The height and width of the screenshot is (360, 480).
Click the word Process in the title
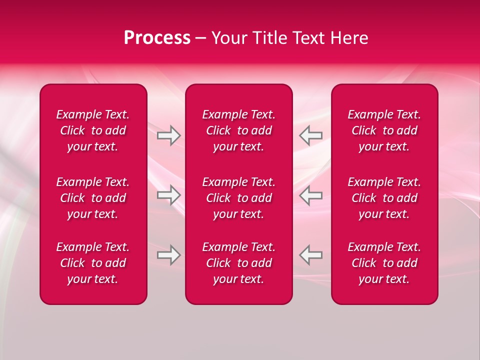pyautogui.click(x=157, y=38)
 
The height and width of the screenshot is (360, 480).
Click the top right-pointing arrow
pyautogui.click(x=169, y=135)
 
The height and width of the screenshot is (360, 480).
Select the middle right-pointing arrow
pyautogui.click(x=169, y=195)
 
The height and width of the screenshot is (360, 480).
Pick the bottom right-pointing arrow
pyautogui.click(x=169, y=255)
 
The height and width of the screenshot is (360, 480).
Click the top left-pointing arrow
pyautogui.click(x=310, y=135)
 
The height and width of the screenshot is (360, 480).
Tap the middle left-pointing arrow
pyautogui.click(x=310, y=195)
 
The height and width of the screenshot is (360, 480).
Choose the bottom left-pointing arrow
pyautogui.click(x=310, y=255)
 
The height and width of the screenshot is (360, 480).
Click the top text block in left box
pyautogui.click(x=93, y=130)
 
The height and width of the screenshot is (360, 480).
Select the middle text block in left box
pyautogui.click(x=93, y=198)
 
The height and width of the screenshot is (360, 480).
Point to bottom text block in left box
pyautogui.click(x=93, y=263)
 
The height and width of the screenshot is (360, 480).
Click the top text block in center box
pyautogui.click(x=238, y=130)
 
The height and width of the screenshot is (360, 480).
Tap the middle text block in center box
pyautogui.click(x=238, y=198)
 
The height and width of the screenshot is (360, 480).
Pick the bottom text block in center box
pyautogui.click(x=238, y=263)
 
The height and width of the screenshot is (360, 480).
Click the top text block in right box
pyautogui.click(x=384, y=130)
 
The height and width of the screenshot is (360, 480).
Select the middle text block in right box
pyautogui.click(x=384, y=198)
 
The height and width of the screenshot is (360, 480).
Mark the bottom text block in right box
pyautogui.click(x=384, y=263)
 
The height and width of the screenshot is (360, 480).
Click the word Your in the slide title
pyautogui.click(x=230, y=38)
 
